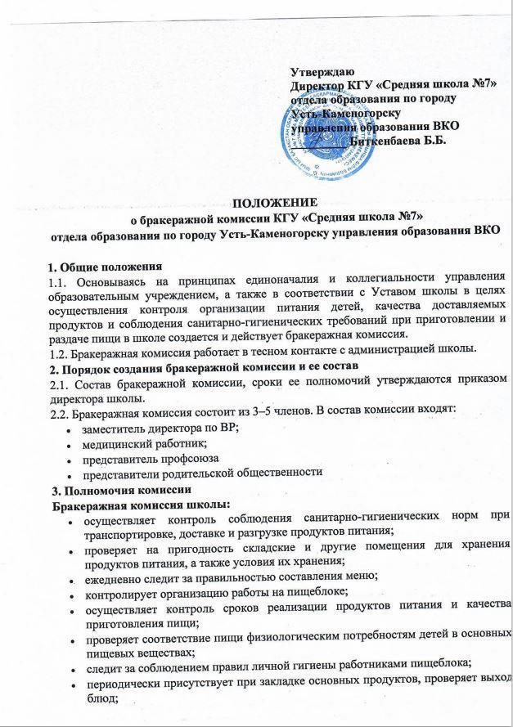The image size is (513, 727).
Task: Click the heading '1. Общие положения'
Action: (105, 266)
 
